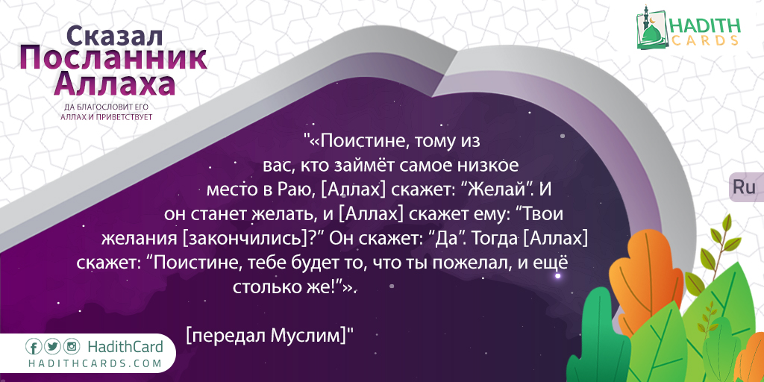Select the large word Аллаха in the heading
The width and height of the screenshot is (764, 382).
pyautogui.click(x=114, y=84)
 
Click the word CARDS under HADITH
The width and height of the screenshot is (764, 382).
pyautogui.click(x=704, y=41)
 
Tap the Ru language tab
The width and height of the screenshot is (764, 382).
pyautogui.click(x=744, y=187)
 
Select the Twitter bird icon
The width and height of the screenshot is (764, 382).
pyautogui.click(x=53, y=347)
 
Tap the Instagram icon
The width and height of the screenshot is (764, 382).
pyautogui.click(x=72, y=347)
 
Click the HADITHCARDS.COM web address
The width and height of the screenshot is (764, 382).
pyautogui.click(x=94, y=363)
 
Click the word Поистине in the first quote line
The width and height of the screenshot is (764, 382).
pyautogui.click(x=361, y=142)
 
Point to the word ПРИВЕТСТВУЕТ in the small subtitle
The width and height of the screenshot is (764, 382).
pyautogui.click(x=125, y=117)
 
